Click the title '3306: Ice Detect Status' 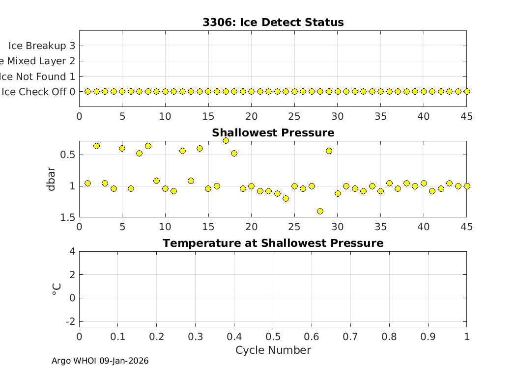tap(273, 23)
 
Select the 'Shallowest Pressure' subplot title tap(273, 133)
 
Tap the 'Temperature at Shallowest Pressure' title tap(273, 243)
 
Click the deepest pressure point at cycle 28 tap(320, 211)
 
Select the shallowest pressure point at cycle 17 tap(226, 140)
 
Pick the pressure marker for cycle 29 tap(329, 151)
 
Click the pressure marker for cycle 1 tap(87, 183)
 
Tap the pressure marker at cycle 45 tap(467, 186)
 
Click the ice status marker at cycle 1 tap(87, 91)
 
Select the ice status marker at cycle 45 tap(467, 91)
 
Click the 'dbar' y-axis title tap(52, 179)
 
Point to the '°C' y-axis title tap(56, 289)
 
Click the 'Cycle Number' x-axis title tap(273, 350)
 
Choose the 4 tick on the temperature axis tap(72, 252)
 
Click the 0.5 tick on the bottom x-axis tap(273, 337)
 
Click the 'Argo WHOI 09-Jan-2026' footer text tap(100, 361)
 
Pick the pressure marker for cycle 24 tap(286, 198)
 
